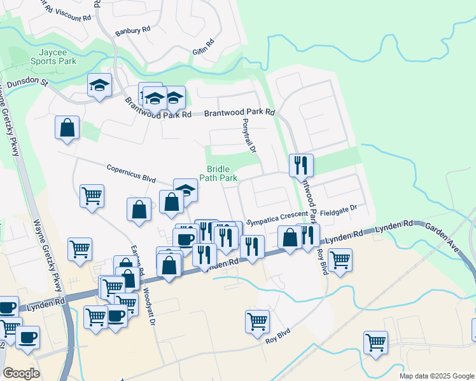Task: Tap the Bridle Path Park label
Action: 221,173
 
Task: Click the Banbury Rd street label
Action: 132,30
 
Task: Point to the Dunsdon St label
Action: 27,83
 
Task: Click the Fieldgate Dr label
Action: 339,208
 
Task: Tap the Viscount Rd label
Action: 70,12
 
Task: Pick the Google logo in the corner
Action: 21,373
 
